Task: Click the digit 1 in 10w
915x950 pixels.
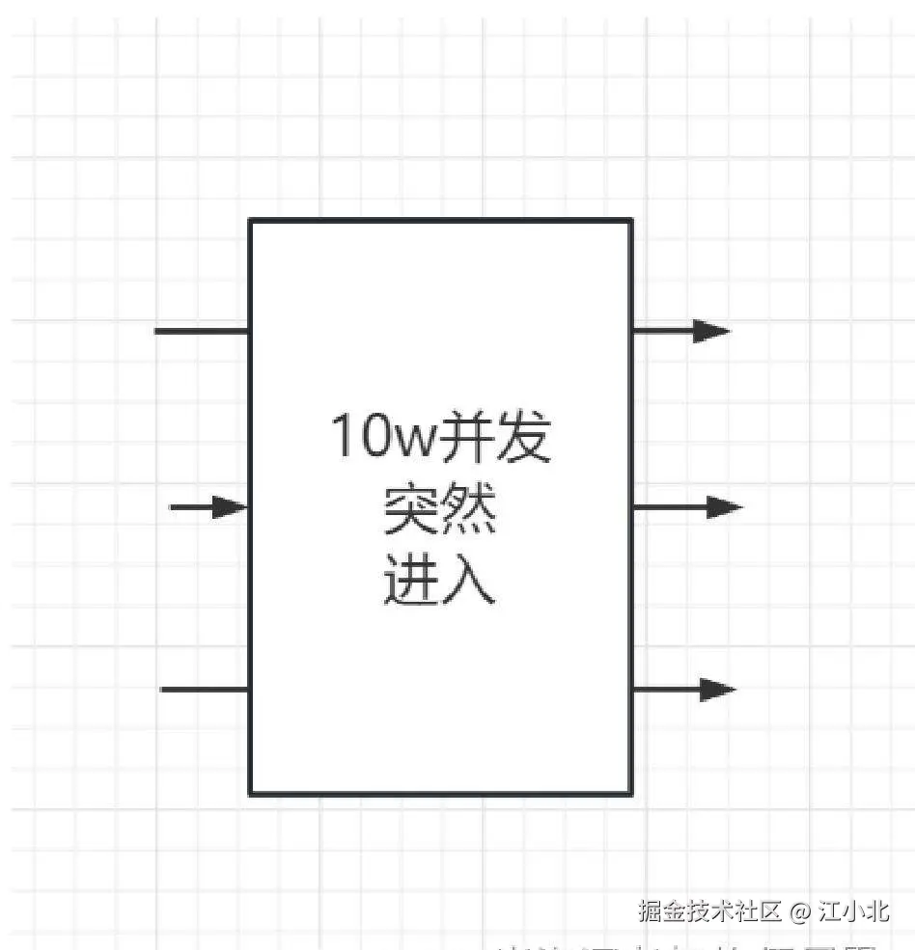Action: pos(341,438)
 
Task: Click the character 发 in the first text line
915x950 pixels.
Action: pos(523,438)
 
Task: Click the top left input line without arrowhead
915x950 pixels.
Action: pos(202,331)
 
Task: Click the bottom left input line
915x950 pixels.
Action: pos(205,690)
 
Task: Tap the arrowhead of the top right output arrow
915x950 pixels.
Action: pos(711,331)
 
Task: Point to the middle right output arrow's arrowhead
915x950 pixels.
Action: pos(724,506)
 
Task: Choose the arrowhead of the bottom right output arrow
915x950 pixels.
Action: pos(717,690)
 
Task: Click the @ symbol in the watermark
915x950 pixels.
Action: pos(799,910)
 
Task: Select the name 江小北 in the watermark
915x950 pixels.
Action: pos(854,910)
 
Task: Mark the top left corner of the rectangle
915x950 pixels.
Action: pos(251,221)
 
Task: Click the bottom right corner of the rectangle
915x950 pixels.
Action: pos(631,794)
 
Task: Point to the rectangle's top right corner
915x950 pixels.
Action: pos(631,221)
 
